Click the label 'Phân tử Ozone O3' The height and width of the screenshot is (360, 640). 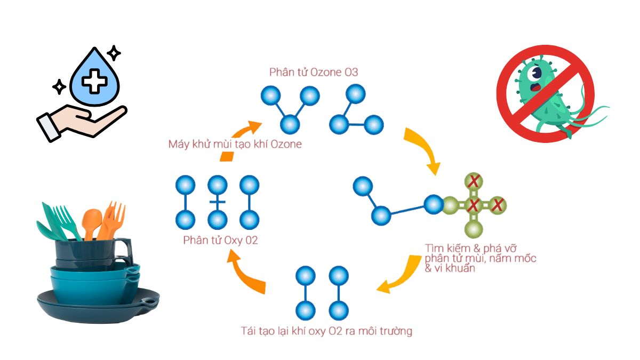[314, 73]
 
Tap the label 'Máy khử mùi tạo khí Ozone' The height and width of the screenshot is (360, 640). [235, 145]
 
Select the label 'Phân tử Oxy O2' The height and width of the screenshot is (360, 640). [220, 241]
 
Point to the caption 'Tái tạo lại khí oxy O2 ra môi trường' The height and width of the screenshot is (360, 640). [326, 331]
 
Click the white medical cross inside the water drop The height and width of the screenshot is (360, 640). [94, 81]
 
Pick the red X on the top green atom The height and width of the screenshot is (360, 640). [474, 181]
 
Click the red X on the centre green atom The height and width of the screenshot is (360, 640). [474, 205]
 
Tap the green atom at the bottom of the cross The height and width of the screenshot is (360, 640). [474, 229]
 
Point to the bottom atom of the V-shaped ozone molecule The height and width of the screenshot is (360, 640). [290, 125]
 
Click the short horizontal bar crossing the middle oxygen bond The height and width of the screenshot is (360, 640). [218, 202]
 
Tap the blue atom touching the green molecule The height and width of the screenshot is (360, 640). [434, 204]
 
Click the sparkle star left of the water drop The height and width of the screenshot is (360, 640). [59, 86]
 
